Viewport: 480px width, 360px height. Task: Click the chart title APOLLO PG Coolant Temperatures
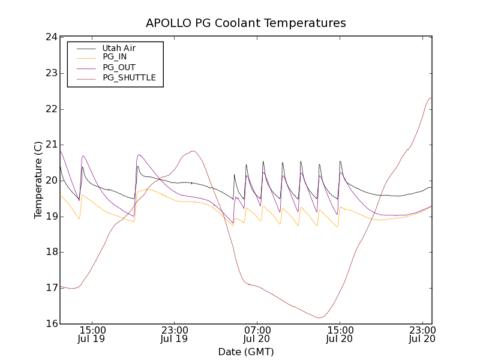tap(246, 23)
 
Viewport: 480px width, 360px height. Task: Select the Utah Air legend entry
tap(119, 48)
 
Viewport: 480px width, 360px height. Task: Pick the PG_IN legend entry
tap(115, 58)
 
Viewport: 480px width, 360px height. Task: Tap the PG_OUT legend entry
tap(119, 68)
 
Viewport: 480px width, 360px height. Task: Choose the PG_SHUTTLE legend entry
tap(129, 78)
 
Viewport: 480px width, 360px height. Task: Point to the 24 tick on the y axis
tap(50, 37)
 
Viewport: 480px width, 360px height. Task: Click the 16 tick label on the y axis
tap(50, 324)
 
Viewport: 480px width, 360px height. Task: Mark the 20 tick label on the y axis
tap(50, 181)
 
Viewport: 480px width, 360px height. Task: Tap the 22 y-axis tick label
tap(50, 109)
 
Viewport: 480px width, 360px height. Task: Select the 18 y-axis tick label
tap(50, 252)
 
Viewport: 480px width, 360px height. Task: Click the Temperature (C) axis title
tap(38, 180)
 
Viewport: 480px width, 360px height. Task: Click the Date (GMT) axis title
tap(246, 352)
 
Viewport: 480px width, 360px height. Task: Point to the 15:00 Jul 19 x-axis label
tap(92, 334)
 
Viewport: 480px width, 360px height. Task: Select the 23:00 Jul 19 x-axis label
tap(175, 334)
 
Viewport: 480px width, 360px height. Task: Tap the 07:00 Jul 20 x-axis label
tap(257, 334)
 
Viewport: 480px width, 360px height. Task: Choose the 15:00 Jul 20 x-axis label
tap(340, 334)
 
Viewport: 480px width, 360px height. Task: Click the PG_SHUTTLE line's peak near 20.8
tap(193, 151)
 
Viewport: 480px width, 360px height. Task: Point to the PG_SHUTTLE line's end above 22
tap(431, 98)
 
